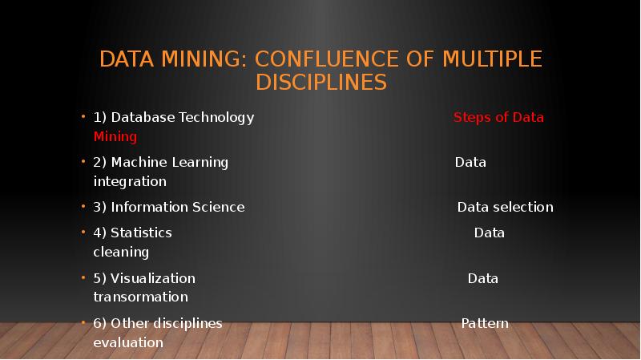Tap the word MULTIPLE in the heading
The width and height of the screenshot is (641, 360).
491,59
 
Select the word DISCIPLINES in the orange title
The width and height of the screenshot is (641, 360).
321,83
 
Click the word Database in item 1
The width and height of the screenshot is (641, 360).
143,118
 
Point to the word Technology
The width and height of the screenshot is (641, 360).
216,118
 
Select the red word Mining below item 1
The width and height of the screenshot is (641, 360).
115,137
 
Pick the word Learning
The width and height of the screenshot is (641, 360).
200,163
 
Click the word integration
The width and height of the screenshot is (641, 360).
130,182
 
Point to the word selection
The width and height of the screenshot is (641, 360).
522,208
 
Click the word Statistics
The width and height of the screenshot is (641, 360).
141,233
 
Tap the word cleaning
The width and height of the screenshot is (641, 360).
121,253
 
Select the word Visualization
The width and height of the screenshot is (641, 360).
153,279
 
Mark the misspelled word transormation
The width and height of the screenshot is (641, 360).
140,297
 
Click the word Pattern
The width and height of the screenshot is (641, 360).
485,324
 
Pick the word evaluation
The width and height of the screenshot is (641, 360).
128,343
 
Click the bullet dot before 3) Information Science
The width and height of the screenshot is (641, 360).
83,207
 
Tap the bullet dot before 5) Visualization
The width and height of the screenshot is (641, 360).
83,278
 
